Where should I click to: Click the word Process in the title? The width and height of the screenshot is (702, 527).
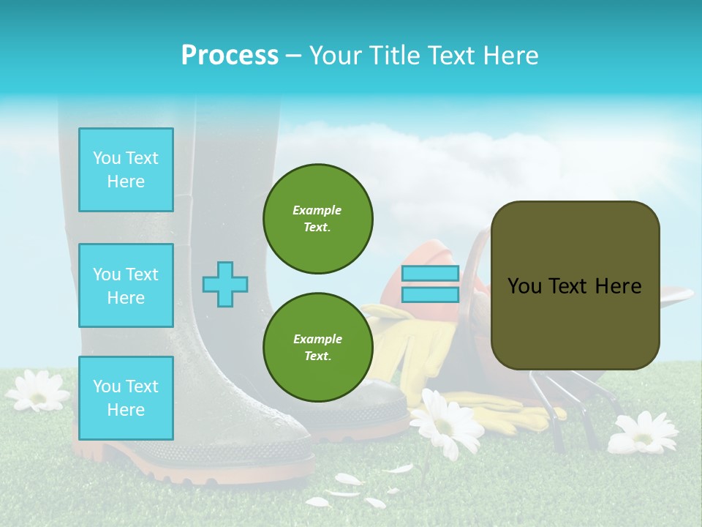click(x=230, y=56)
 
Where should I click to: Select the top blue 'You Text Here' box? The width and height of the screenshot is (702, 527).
click(x=126, y=170)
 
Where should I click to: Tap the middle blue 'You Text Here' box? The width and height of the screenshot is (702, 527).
click(x=126, y=285)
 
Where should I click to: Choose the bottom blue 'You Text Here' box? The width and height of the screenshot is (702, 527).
click(x=126, y=397)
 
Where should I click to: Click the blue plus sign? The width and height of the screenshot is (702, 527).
click(x=225, y=284)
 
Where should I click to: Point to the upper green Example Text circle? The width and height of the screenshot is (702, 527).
click(x=317, y=218)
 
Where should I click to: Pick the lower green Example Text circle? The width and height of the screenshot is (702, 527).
click(x=317, y=347)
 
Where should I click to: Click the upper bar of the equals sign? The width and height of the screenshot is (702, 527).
click(x=430, y=274)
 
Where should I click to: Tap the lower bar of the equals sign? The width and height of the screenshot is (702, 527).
click(x=430, y=295)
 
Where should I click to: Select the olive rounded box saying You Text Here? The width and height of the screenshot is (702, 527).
click(x=575, y=285)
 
